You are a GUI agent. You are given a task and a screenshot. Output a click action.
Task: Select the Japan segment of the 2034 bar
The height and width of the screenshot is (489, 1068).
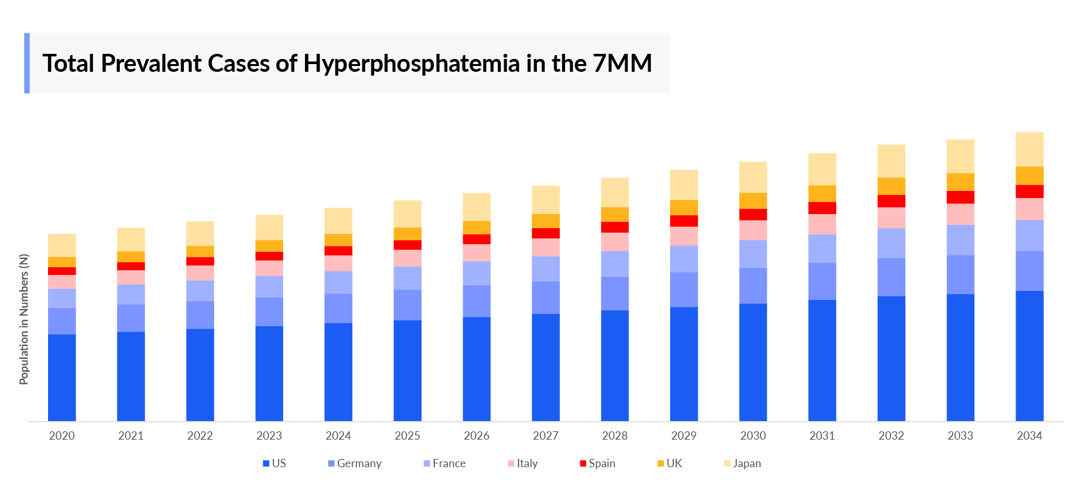(1029, 149)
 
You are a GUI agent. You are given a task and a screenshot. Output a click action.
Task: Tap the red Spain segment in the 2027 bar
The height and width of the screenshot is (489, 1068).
(545, 233)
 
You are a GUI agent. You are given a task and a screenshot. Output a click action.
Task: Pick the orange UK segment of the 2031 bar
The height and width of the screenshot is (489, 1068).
(822, 194)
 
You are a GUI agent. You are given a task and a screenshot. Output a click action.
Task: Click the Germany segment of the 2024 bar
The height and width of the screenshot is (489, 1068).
(338, 308)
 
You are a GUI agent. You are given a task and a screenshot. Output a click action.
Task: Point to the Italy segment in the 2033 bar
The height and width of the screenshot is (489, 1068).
(960, 214)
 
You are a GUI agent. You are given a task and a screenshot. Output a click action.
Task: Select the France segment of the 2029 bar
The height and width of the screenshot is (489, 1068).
(684, 259)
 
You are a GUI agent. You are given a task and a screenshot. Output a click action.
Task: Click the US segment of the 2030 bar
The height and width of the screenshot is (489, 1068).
(753, 362)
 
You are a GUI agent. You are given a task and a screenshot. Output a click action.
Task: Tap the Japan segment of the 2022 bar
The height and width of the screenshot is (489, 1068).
(200, 233)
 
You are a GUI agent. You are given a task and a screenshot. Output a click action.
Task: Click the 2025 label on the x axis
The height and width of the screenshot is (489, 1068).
(407, 436)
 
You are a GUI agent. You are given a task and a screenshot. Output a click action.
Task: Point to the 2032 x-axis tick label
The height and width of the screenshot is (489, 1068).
(891, 436)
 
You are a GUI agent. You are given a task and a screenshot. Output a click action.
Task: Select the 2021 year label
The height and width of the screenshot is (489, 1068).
(131, 436)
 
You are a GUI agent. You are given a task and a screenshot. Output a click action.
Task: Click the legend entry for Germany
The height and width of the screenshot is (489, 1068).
(359, 463)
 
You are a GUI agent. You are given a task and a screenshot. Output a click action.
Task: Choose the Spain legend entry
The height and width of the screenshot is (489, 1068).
(602, 463)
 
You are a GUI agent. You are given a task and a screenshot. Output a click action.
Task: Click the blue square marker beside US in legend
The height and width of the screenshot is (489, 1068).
(266, 463)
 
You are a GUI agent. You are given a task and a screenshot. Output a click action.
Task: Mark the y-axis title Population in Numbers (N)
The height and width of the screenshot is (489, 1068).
(24, 319)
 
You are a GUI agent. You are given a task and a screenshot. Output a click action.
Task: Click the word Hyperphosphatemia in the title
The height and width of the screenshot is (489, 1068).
(411, 63)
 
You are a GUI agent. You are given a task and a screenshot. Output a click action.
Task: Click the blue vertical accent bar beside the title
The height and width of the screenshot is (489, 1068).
(27, 63)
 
